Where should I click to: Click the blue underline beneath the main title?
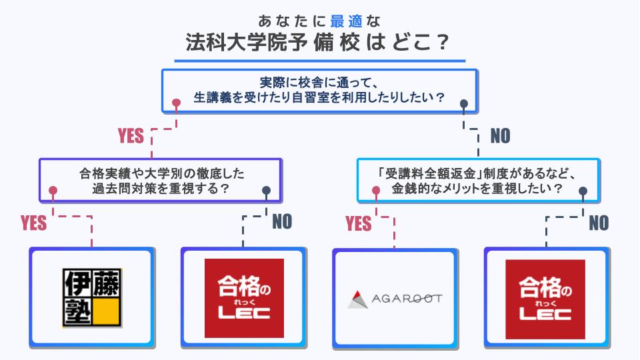coord(320,61)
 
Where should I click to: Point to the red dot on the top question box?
coord(176,103)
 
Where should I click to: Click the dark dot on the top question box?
coord(465,103)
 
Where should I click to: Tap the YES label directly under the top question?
coord(131,136)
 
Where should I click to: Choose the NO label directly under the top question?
coord(500,136)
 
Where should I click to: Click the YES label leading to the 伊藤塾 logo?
coord(34,223)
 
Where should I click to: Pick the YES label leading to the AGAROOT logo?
coord(359,223)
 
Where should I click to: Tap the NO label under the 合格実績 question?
coord(282,222)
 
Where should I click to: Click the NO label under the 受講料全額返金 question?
coord(599,223)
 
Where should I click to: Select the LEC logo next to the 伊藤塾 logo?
coord(243,299)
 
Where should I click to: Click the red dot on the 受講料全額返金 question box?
coord(377,191)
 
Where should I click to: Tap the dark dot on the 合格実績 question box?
coord(267,191)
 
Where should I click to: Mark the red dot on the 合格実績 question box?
coord(53,191)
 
